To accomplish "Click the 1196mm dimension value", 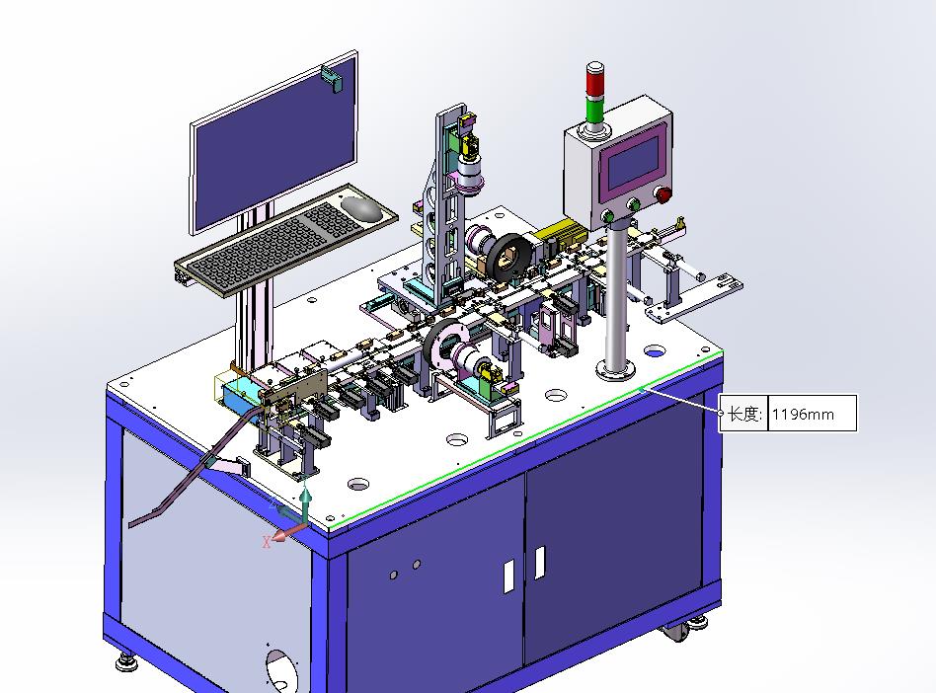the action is click(x=803, y=414).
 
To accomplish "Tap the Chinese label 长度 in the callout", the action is click(x=742, y=413).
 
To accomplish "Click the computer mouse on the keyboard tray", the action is click(x=361, y=207).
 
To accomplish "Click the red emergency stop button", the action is click(x=663, y=194).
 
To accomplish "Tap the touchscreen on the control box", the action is click(x=632, y=161).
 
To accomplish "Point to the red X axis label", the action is click(x=267, y=542).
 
